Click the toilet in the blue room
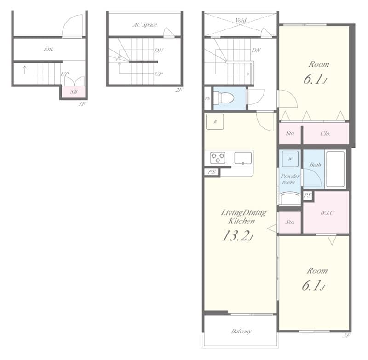[x=225, y=97]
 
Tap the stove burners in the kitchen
[x=218, y=158]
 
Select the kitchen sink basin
[x=242, y=158]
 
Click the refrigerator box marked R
[x=215, y=121]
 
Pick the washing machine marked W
[x=290, y=159]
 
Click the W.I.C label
[x=328, y=212]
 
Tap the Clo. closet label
[x=325, y=134]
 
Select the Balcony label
[x=241, y=331]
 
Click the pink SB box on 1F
[x=74, y=92]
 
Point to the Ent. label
[x=49, y=49]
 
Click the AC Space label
[x=144, y=25]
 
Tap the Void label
[x=240, y=21]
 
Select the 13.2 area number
[x=237, y=236]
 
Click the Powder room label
[x=290, y=179]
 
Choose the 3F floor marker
[x=346, y=336]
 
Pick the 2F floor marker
[x=179, y=90]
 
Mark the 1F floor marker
[x=82, y=104]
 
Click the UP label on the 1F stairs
[x=65, y=74]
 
